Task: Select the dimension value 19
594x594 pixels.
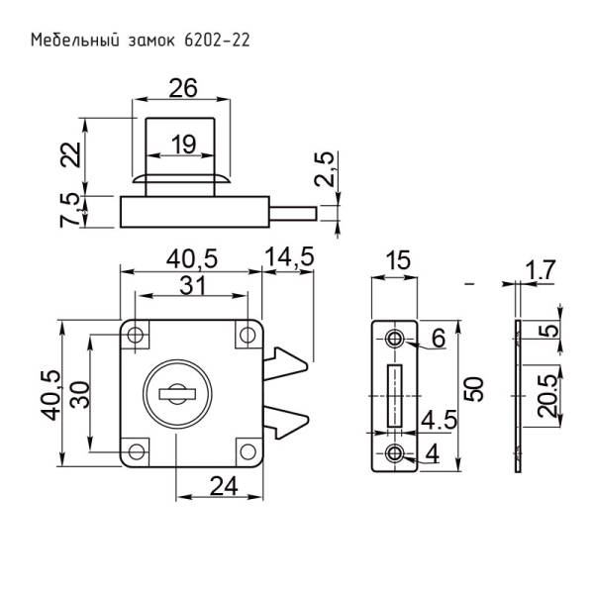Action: [181, 144]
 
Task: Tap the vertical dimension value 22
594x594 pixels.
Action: [70, 154]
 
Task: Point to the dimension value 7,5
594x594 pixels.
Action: [70, 210]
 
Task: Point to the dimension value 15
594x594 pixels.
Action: [396, 262]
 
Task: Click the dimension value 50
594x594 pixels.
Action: [475, 389]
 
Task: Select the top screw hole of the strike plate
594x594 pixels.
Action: [396, 339]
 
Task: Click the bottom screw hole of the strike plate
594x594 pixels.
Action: [396, 454]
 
